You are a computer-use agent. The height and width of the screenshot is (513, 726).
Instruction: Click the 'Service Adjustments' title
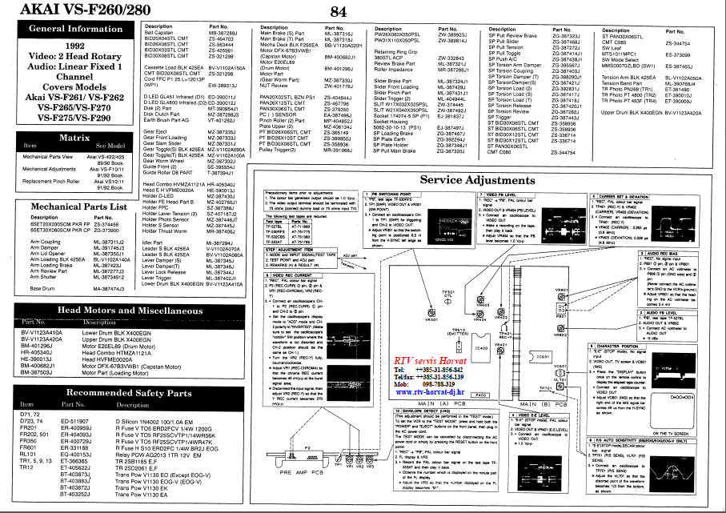(x=488, y=181)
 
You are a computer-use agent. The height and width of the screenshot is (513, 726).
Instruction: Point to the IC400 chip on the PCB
(x=480, y=347)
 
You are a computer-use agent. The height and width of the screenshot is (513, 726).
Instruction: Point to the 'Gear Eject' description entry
(x=155, y=131)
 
